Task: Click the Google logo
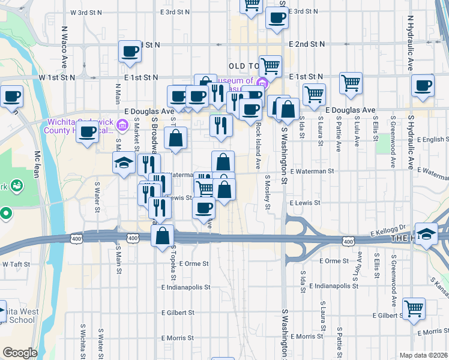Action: point(20,353)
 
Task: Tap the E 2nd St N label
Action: point(306,44)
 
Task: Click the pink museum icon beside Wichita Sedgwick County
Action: point(122,125)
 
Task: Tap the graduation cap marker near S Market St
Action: point(124,163)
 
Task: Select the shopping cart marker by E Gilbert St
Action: point(414,309)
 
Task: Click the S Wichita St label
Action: point(82,340)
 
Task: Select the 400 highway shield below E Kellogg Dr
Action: point(348,241)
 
